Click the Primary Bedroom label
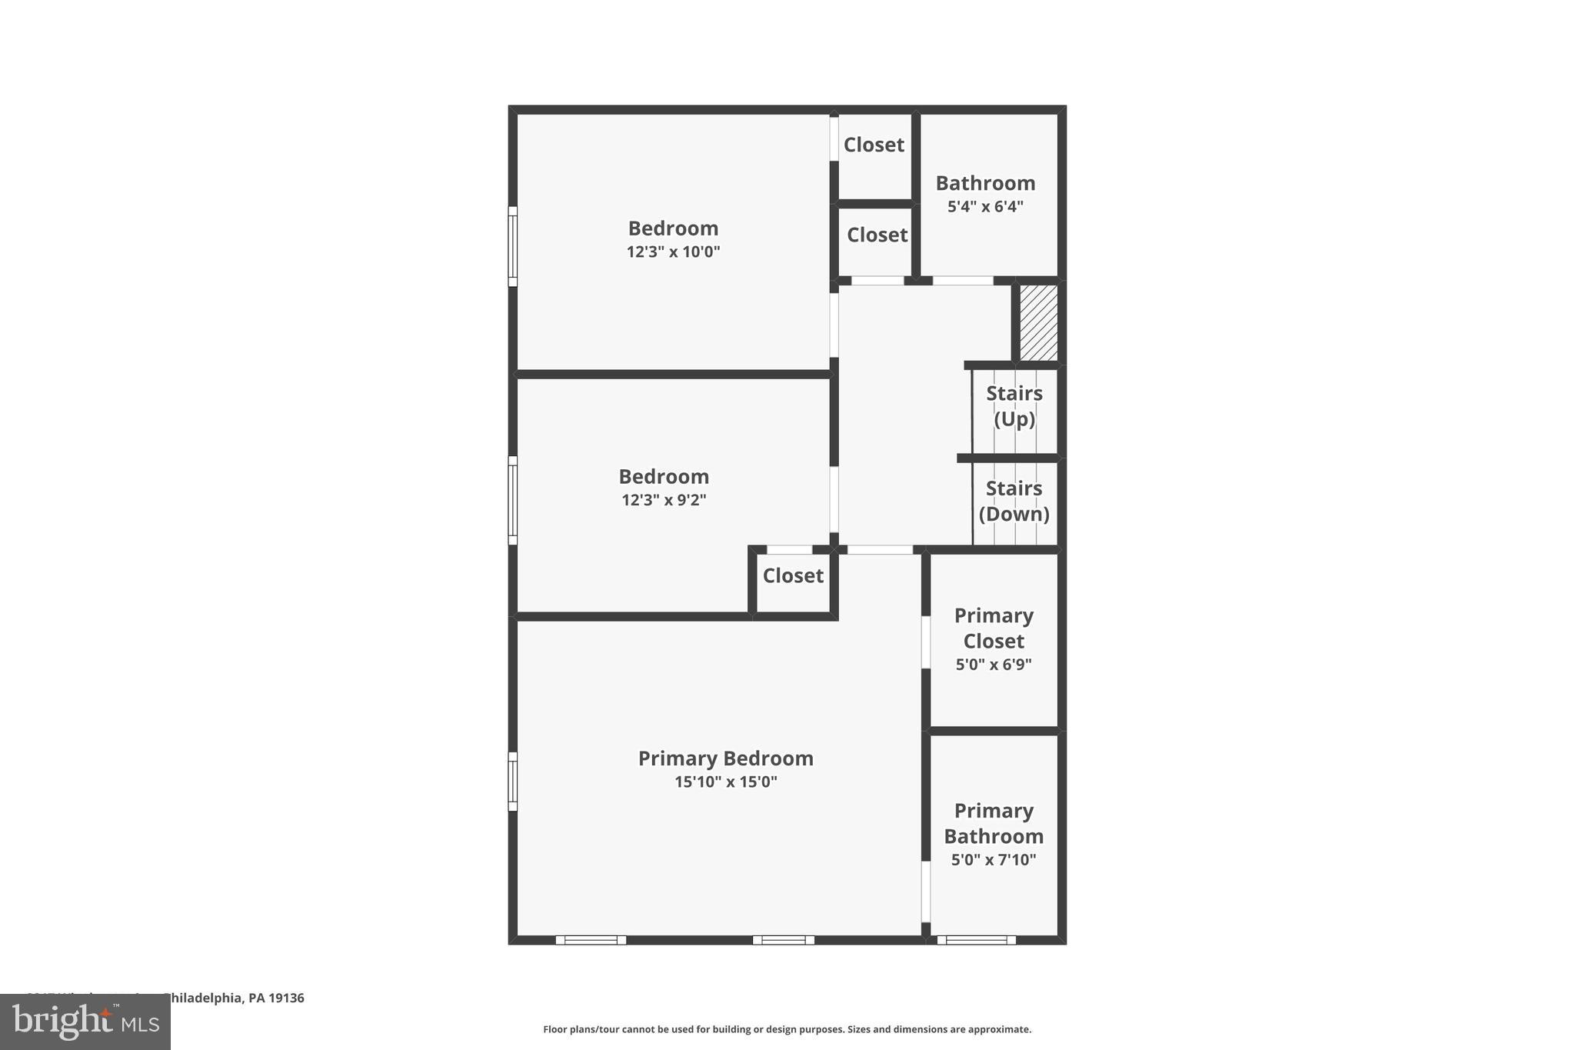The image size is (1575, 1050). [725, 758]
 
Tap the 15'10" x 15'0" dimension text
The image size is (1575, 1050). [725, 782]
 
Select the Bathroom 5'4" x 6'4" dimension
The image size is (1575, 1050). [985, 207]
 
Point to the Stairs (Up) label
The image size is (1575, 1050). [1014, 406]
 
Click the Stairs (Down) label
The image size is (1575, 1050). [1014, 501]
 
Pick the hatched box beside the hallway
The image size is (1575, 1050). [1038, 322]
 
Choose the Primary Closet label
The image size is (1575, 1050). [994, 628]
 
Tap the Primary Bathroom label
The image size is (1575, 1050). [994, 823]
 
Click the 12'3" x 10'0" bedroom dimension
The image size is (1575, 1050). [673, 252]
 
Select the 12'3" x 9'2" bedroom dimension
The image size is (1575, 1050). [664, 501]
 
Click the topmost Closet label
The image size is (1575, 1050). [874, 145]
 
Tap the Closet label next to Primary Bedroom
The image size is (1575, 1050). [793, 575]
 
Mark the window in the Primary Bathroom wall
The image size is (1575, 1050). [976, 939]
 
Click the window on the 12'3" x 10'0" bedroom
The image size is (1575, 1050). [512, 246]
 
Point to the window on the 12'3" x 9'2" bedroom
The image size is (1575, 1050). [512, 500]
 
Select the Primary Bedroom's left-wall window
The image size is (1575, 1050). [512, 781]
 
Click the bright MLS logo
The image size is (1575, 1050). [85, 1022]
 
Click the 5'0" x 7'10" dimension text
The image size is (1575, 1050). [994, 860]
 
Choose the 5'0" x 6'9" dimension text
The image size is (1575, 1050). [994, 665]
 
